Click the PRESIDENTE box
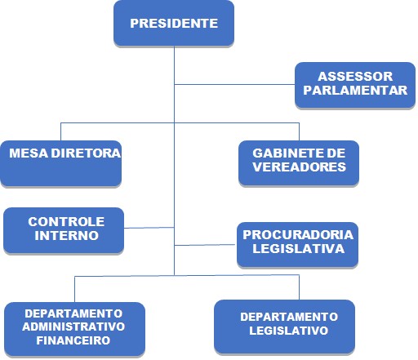(174, 24)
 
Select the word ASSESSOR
(355, 77)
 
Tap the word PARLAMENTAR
(355, 91)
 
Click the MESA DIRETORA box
(61, 163)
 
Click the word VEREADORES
(299, 167)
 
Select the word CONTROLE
(66, 222)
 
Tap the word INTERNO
(66, 235)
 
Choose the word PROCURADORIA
(298, 235)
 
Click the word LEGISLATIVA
(299, 249)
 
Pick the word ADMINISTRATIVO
(73, 327)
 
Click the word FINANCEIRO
(73, 340)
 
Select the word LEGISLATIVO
(289, 331)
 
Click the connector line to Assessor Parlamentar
(234, 84)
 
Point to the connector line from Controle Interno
(149, 228)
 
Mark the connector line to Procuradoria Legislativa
(205, 245)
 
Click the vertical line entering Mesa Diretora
(60, 131)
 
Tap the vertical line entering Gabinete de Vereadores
(300, 131)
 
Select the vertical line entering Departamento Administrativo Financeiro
(74, 289)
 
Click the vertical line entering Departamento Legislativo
(300, 287)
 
